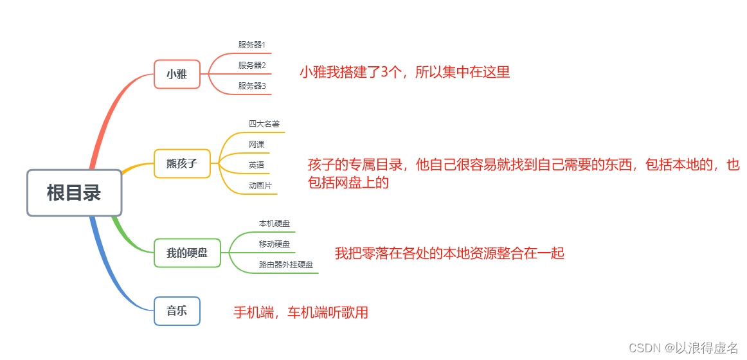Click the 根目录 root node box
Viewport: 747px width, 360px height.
(x=74, y=192)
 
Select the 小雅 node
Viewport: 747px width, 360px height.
(x=177, y=74)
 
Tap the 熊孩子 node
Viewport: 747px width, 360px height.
(x=182, y=163)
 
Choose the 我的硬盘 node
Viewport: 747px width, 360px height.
(x=187, y=253)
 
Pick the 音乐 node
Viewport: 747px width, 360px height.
(x=177, y=311)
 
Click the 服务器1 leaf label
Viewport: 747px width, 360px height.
(x=252, y=45)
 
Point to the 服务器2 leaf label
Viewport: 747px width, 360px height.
(x=252, y=66)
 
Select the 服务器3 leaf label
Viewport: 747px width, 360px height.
(x=252, y=86)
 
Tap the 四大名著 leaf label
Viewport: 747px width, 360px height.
(x=264, y=124)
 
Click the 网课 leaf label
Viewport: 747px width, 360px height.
(x=256, y=145)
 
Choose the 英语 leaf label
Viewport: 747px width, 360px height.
(x=256, y=165)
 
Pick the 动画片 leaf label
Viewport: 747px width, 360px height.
(x=260, y=186)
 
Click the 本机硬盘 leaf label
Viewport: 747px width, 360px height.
(x=274, y=224)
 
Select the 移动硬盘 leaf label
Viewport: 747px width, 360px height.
(x=274, y=244)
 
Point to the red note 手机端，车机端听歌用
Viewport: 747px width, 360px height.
(x=300, y=313)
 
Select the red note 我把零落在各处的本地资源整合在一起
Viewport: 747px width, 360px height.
(x=449, y=253)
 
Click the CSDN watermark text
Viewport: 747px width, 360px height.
(x=683, y=348)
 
